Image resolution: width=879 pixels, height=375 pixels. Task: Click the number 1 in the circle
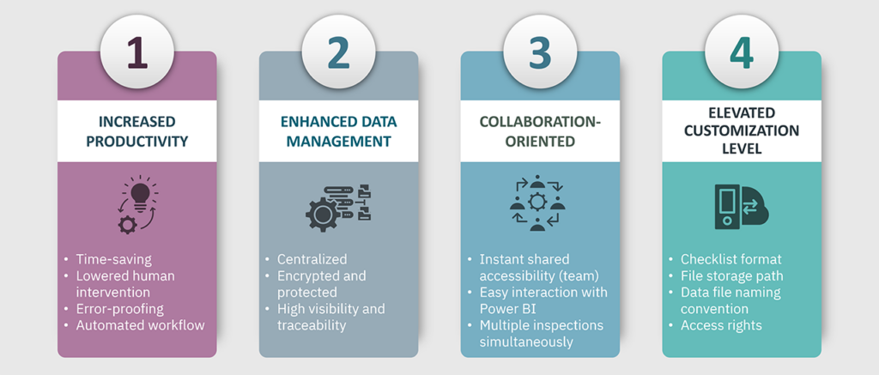[x=137, y=53]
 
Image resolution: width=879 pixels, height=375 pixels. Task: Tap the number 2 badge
[x=338, y=53]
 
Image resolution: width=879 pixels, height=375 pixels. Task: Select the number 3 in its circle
[x=541, y=53]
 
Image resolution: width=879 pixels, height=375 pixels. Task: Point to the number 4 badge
[x=742, y=53]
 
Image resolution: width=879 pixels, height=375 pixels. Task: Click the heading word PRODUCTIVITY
[x=136, y=142]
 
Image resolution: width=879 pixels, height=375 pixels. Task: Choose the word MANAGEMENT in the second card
[x=338, y=142]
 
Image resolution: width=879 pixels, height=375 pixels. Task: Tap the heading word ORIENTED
[x=541, y=142]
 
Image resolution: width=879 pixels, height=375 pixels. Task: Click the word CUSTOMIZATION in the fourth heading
[x=742, y=131]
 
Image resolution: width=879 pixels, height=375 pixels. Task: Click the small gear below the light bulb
[x=127, y=224]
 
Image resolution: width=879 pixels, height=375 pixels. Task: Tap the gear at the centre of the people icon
[x=537, y=201]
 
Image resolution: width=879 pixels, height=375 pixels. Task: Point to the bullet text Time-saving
[x=114, y=259]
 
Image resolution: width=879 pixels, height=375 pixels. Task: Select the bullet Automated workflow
[x=140, y=325]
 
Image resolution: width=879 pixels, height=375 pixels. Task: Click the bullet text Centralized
[x=312, y=259]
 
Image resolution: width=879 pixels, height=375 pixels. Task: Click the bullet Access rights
[x=721, y=325]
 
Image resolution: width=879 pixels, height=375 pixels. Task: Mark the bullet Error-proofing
[x=120, y=309]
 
